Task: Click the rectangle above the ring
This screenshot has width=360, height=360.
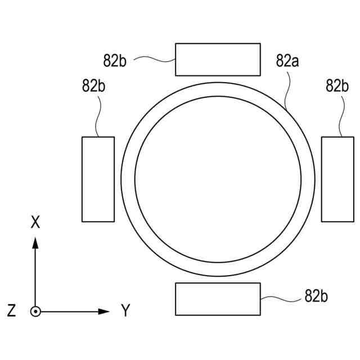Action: click(218, 59)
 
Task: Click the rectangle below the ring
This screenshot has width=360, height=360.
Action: click(218, 299)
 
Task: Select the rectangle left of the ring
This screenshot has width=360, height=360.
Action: click(98, 179)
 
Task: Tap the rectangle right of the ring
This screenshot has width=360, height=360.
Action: click(337, 179)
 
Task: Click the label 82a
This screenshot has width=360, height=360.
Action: click(287, 61)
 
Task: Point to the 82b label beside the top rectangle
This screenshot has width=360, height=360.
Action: click(114, 60)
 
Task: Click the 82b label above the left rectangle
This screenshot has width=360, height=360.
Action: click(94, 85)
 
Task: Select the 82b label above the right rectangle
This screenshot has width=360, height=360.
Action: click(337, 85)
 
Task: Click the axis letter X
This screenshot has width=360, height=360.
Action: click(35, 223)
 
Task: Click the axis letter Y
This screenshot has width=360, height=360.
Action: click(125, 310)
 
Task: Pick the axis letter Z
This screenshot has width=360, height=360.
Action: click(11, 310)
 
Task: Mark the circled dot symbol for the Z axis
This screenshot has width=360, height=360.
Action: click(35, 311)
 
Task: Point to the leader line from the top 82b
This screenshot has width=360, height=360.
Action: click(152, 57)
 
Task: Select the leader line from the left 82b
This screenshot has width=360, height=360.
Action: click(99, 115)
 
